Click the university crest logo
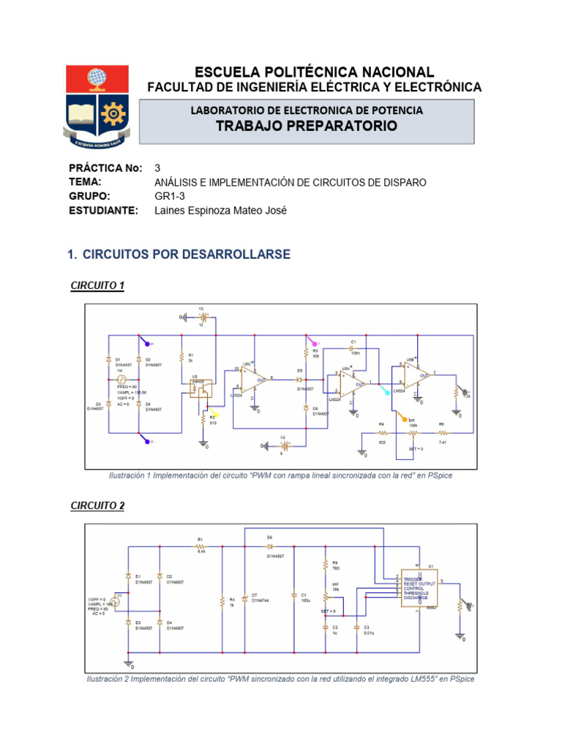click(x=98, y=103)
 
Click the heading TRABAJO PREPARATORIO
click(x=306, y=126)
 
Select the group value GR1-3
click(x=170, y=196)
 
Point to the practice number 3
click(x=157, y=168)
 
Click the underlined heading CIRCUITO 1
click(x=97, y=285)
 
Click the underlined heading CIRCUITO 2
click(x=97, y=505)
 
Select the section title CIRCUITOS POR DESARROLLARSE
click(x=187, y=254)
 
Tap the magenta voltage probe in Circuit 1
click(x=312, y=341)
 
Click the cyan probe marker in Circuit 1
click(x=386, y=391)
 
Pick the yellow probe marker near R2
click(x=214, y=415)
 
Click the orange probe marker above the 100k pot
click(x=402, y=418)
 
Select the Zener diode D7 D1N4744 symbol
click(x=244, y=596)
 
